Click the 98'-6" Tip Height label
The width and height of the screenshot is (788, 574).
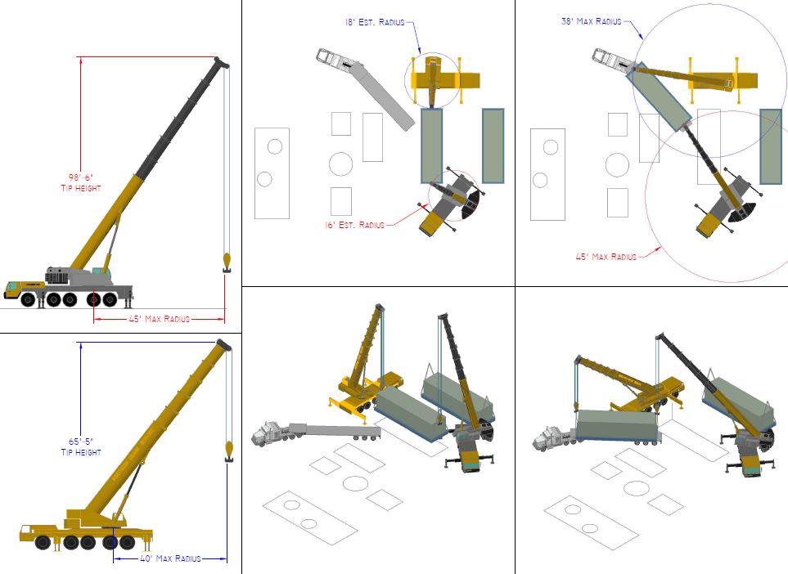coord(81,183)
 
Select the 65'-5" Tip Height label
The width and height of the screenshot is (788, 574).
coord(81,447)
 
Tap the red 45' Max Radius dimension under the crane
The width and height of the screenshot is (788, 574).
coord(160,319)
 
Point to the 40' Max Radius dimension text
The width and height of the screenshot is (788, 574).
coord(170,558)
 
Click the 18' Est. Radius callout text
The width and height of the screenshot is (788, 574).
coord(375,22)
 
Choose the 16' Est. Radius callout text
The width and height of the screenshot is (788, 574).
coord(355,225)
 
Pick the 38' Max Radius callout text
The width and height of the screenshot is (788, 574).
coord(591,21)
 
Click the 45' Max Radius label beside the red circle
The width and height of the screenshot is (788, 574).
coord(606,257)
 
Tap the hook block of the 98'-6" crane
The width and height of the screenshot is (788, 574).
coord(227,263)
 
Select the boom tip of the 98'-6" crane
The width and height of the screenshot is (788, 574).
coord(222,62)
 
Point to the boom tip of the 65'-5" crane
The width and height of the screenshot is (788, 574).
coord(224,345)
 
